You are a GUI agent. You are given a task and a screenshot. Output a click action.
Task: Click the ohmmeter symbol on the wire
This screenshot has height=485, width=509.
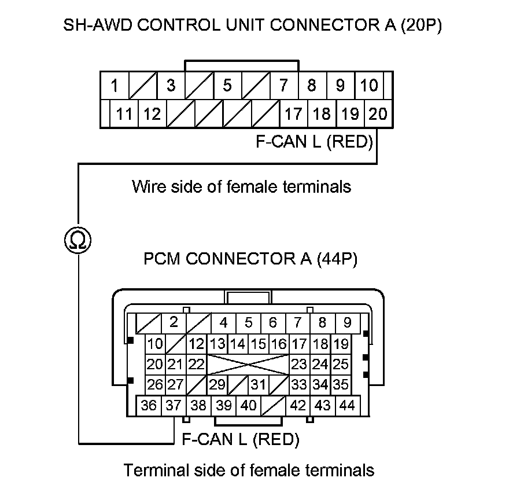tap(78, 240)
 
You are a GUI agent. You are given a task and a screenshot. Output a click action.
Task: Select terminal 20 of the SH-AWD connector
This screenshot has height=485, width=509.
tap(378, 114)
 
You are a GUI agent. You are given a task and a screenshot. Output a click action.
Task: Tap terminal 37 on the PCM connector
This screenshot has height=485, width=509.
tap(174, 405)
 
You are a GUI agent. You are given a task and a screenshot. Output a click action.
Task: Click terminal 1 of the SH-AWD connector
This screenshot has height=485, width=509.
tap(115, 86)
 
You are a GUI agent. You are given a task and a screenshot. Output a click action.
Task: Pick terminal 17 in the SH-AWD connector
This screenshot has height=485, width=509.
tap(293, 114)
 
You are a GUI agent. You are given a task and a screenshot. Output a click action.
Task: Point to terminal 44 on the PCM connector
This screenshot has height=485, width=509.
tap(347, 405)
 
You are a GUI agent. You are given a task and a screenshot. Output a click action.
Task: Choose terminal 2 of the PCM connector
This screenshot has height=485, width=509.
tap(174, 322)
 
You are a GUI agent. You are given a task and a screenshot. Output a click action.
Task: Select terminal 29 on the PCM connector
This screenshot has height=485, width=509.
tap(217, 384)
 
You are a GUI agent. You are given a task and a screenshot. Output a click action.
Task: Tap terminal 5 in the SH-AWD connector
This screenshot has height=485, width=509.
tap(227, 86)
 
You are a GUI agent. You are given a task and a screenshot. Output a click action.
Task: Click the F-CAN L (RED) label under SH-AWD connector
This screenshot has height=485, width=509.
tap(315, 142)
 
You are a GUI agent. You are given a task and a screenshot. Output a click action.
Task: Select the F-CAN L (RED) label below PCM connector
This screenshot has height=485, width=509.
tap(241, 439)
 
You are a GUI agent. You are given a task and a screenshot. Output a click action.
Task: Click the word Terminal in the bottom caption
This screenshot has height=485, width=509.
tap(156, 469)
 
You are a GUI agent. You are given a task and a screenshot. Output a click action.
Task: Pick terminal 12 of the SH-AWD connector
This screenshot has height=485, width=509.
tap(152, 114)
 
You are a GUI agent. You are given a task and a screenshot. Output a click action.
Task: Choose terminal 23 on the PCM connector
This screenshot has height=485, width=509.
tap(298, 365)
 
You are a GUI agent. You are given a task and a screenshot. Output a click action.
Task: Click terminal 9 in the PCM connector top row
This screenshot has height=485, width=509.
tap(347, 322)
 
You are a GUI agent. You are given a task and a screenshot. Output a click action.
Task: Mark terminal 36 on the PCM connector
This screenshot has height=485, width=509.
tap(149, 405)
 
